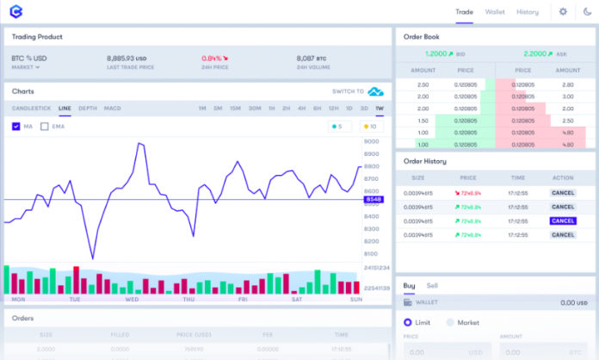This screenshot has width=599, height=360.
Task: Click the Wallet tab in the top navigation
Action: pyautogui.click(x=495, y=12)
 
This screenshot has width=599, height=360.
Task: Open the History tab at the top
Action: pyautogui.click(x=528, y=12)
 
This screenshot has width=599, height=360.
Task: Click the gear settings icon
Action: pyautogui.click(x=563, y=12)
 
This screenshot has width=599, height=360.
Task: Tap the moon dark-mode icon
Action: pyautogui.click(x=587, y=12)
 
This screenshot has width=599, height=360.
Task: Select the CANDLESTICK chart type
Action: pyautogui.click(x=32, y=109)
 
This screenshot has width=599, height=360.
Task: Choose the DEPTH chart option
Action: pyautogui.click(x=88, y=109)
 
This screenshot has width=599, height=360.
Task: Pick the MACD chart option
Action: pyautogui.click(x=113, y=109)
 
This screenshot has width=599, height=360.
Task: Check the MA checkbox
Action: pyautogui.click(x=16, y=127)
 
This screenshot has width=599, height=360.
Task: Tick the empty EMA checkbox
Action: pyautogui.click(x=45, y=127)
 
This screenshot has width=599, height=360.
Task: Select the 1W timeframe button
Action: pyautogui.click(x=380, y=109)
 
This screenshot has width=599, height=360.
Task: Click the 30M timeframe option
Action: pyautogui.click(x=255, y=109)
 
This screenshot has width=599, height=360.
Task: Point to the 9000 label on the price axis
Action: pyautogui.click(x=372, y=141)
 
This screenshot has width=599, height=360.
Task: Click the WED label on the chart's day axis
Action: pyautogui.click(x=132, y=299)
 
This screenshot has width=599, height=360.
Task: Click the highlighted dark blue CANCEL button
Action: pyautogui.click(x=562, y=220)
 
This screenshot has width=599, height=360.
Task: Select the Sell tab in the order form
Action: pyautogui.click(x=432, y=285)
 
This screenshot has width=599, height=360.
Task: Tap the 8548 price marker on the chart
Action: pyautogui.click(x=374, y=200)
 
